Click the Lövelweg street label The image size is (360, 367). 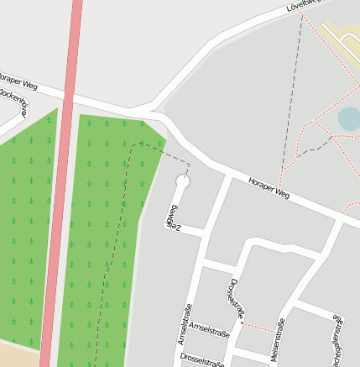click(304, 6)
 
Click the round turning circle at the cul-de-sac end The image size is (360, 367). click(183, 181)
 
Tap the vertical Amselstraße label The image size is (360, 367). click(185, 323)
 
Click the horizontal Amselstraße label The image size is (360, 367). click(209, 326)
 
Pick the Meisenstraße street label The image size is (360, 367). click(279, 339)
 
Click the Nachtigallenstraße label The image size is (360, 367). click(338, 340)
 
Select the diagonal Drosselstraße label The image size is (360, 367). click(234, 298)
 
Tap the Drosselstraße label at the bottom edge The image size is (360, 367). click(202, 360)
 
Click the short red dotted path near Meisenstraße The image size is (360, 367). click(258, 328)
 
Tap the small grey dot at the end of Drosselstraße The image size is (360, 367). click(242, 322)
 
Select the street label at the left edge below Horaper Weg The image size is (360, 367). click(15, 104)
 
